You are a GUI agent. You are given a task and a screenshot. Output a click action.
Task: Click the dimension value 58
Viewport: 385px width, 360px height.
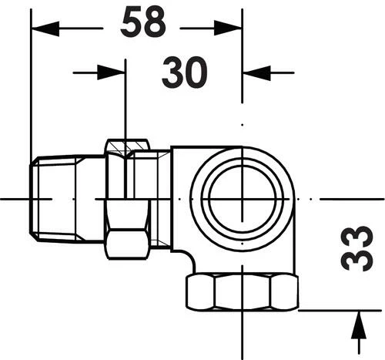click(x=143, y=24)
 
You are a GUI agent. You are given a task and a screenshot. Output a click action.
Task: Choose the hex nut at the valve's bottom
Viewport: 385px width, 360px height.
click(x=242, y=292)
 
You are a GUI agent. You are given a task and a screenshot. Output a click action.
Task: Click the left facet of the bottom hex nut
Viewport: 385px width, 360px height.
click(x=200, y=292)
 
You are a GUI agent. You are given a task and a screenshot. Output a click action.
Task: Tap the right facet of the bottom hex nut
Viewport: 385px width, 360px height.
click(x=284, y=292)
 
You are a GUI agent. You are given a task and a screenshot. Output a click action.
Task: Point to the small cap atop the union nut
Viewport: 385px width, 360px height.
click(x=127, y=145)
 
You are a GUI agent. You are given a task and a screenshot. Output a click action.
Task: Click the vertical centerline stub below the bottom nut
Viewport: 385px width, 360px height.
click(x=242, y=328)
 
